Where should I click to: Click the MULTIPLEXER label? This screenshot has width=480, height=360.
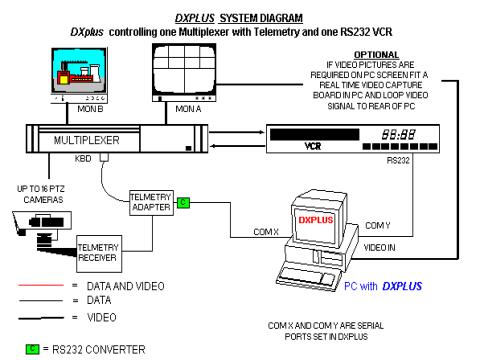(87, 140)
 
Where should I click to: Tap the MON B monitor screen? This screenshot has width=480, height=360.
(79, 70)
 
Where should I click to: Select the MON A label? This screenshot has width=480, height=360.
(188, 109)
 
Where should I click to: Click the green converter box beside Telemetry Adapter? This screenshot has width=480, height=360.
(183, 202)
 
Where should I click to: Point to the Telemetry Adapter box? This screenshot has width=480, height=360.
(151, 203)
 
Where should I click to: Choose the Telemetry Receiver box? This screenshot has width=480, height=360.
(99, 254)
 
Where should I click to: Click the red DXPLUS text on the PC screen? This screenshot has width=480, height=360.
(315, 220)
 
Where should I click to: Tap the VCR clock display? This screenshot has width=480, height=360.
(399, 135)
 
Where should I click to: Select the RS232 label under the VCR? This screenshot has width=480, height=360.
(398, 161)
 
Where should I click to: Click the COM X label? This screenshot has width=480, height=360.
(266, 232)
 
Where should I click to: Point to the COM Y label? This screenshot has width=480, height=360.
(378, 226)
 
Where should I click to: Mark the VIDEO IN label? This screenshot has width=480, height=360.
(379, 248)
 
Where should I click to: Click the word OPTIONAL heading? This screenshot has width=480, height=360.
(376, 55)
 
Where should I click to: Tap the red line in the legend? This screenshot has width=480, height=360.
(41, 285)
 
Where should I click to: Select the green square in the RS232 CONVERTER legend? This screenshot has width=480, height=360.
(32, 349)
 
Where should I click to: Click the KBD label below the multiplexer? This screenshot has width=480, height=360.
(83, 159)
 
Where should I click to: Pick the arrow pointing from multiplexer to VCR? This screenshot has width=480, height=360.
(237, 132)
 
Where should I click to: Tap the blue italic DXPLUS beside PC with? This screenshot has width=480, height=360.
(402, 286)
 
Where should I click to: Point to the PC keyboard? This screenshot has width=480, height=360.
(307, 275)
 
